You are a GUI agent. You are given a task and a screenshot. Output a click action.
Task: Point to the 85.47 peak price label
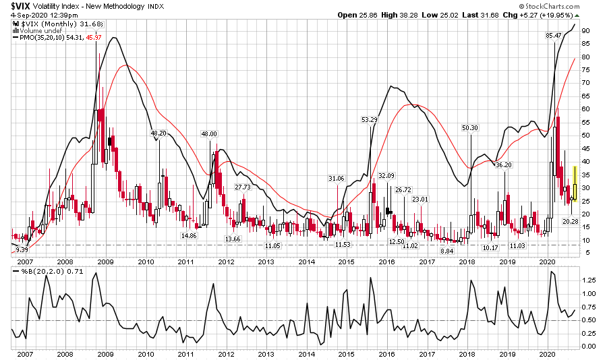(x=554, y=35)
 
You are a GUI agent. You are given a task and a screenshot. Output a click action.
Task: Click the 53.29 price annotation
(x=370, y=119)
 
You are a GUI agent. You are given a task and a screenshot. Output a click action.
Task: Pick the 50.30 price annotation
(x=469, y=128)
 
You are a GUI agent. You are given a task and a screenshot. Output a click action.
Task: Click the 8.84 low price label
(x=446, y=251)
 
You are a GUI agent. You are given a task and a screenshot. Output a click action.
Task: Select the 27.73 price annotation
(x=243, y=187)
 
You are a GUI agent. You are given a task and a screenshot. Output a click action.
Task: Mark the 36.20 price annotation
(x=503, y=164)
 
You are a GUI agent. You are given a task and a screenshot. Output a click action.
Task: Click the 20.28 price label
(x=571, y=222)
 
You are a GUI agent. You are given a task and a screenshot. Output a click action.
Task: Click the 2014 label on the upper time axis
(x=306, y=262)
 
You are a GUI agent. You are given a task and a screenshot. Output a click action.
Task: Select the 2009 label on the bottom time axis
(x=106, y=353)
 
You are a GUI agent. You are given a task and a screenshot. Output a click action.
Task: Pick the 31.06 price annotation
(x=336, y=178)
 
